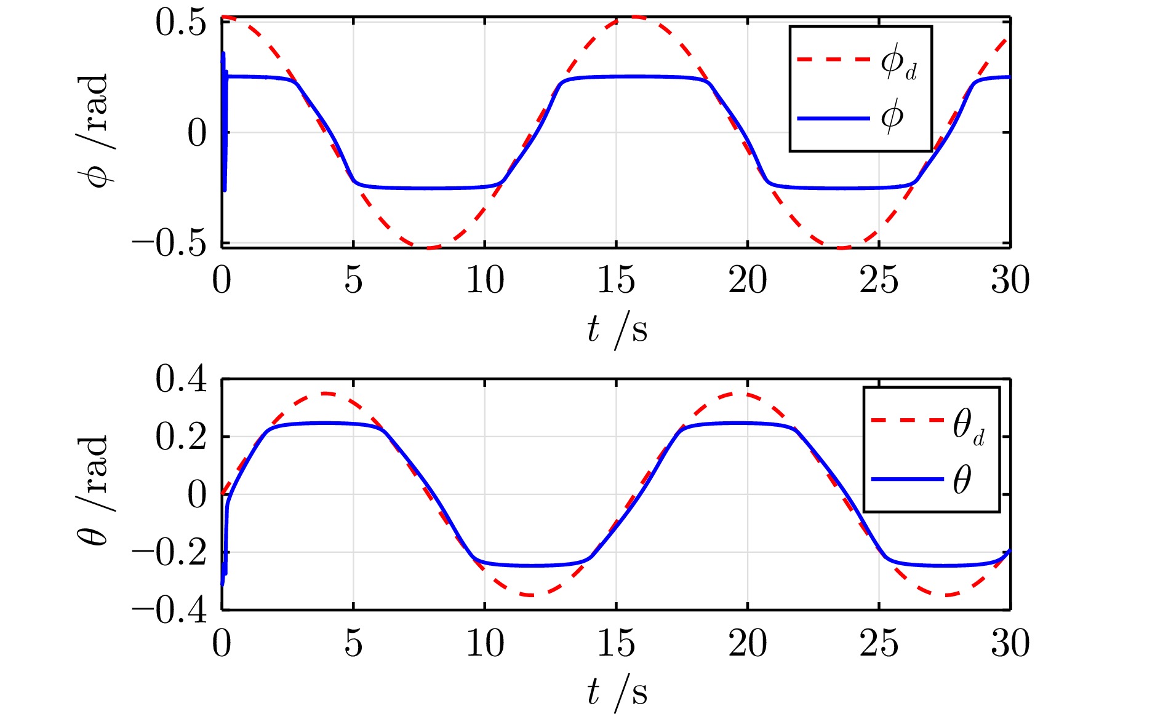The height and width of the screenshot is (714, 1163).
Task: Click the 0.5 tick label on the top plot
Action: [181, 25]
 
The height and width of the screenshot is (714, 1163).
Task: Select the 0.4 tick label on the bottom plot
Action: [181, 379]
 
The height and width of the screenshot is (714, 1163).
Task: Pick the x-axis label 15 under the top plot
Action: [616, 280]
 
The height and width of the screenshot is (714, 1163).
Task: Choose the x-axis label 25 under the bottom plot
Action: [879, 644]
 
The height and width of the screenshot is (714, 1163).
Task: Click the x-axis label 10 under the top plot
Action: [485, 280]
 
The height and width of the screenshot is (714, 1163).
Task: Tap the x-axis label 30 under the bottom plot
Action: [1010, 644]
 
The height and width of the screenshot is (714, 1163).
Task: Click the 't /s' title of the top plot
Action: [617, 330]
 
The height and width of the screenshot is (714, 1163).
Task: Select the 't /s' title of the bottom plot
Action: [617, 693]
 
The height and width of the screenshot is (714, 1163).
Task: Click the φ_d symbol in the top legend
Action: [898, 62]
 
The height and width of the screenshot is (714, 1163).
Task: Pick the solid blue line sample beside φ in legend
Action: [834, 117]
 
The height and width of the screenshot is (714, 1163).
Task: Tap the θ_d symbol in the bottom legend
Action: [968, 426]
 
